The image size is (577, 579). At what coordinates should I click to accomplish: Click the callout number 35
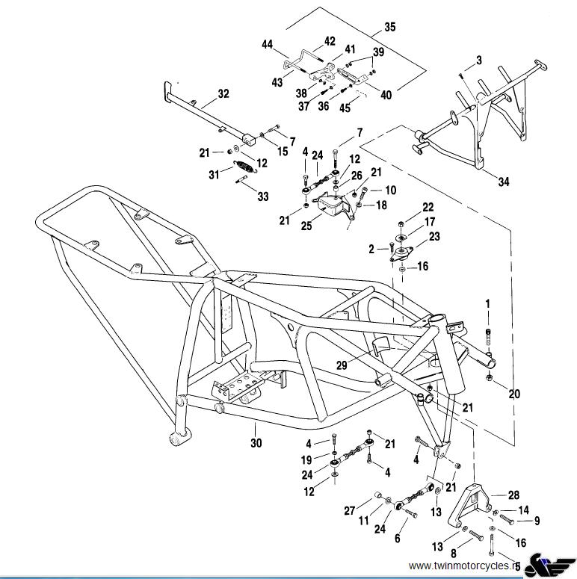point(389,27)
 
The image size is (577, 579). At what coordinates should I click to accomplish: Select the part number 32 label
point(223,93)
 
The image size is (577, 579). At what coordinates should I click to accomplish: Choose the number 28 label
point(513,495)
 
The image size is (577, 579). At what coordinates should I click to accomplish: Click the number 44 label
point(267,45)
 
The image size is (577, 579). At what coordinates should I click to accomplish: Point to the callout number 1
point(487,303)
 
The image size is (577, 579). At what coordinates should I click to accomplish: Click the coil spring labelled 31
point(244,167)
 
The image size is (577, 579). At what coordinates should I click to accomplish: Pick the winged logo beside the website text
point(549,565)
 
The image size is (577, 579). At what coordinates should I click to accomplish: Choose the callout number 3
point(478,59)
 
